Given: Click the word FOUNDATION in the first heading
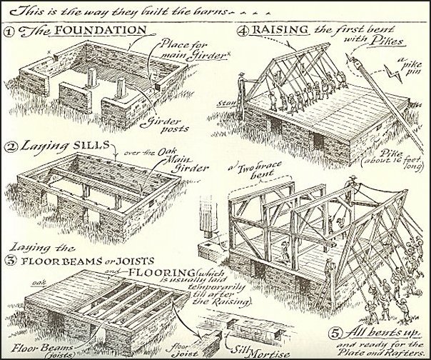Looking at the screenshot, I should (x=107, y=32).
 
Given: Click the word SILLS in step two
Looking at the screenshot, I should (x=98, y=146).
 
